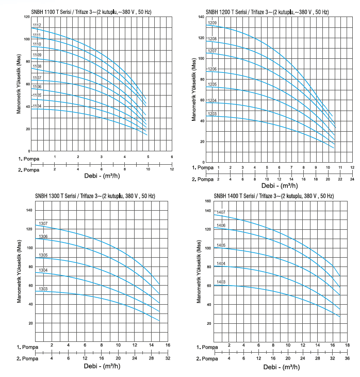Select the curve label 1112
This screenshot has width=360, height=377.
(37, 25)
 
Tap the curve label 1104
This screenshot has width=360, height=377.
(37, 106)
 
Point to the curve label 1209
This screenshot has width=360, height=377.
(212, 23)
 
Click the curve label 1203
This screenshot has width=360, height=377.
(212, 114)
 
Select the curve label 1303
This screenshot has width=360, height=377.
(43, 289)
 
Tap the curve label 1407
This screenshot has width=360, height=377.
(221, 212)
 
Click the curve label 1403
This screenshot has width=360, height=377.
(221, 282)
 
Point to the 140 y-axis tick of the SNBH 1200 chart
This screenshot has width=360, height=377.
(202, 17)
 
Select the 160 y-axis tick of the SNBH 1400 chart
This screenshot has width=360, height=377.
(208, 201)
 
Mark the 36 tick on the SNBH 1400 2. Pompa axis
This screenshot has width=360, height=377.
(347, 357)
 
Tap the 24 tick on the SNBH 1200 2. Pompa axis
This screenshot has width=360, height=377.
(352, 179)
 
